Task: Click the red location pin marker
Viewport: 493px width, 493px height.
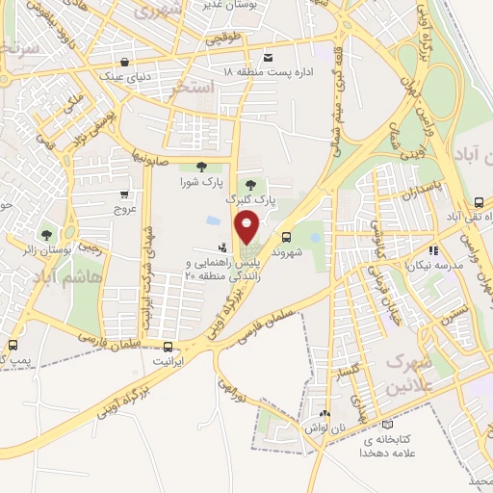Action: click(247, 228)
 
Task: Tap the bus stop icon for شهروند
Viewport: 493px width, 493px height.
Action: click(286, 237)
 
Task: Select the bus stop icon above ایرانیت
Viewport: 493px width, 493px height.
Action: click(169, 347)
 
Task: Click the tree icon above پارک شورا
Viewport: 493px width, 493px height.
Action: click(200, 169)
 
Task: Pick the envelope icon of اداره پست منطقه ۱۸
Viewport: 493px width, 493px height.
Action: click(267, 60)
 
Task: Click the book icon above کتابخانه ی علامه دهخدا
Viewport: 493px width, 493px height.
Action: click(387, 424)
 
